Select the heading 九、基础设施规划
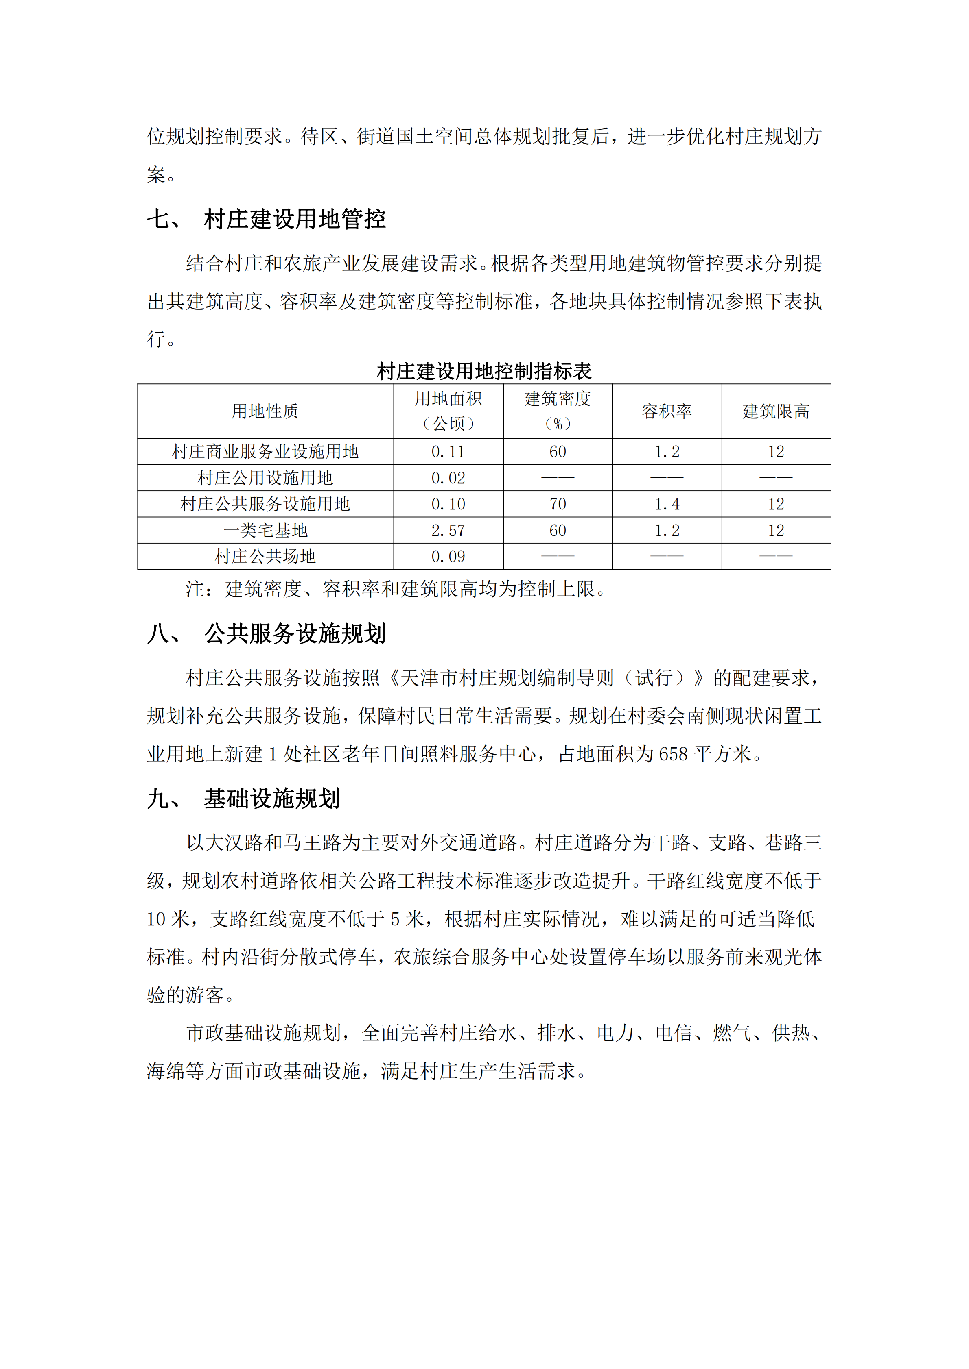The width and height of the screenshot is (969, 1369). [243, 799]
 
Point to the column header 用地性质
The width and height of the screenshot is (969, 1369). [265, 411]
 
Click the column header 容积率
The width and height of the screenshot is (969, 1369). [667, 411]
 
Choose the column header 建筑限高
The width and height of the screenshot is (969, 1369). [776, 411]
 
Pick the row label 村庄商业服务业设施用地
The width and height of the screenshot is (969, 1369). [265, 452]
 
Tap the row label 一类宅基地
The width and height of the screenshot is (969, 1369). [265, 530]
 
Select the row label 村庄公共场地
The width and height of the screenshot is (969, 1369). [265, 556]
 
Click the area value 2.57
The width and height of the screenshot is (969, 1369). [448, 530]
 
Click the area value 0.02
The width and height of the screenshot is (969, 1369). [448, 478]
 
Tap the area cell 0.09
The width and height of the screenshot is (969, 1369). [448, 556]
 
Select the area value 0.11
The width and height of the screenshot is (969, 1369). [448, 452]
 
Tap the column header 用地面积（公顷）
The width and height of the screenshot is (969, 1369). [448, 411]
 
